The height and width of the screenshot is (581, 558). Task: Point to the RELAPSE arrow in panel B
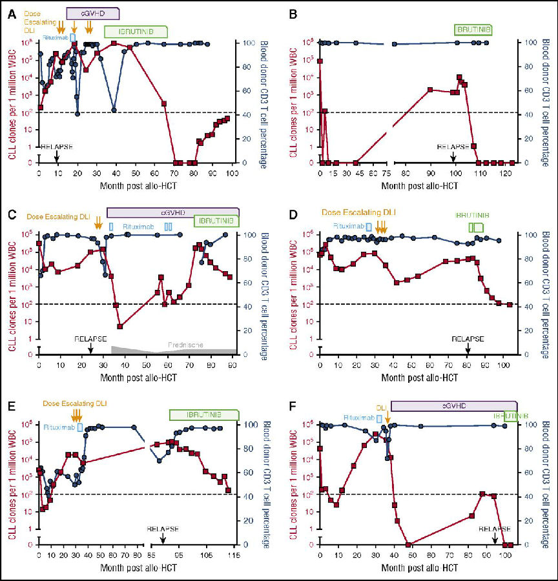(453, 156)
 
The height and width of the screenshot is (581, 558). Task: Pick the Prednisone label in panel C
(185, 345)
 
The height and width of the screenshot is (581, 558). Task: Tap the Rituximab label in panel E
(61, 427)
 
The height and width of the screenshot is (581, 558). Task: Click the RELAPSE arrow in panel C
(90, 348)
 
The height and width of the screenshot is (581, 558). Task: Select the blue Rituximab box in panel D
(369, 227)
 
